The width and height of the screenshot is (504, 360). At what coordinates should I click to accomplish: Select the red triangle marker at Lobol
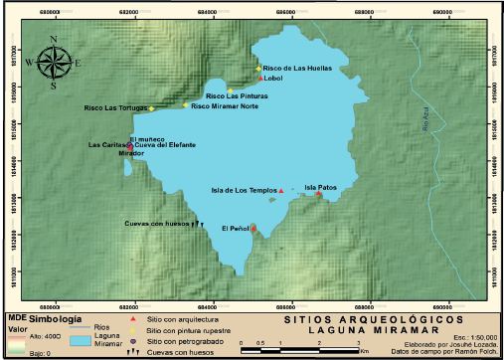260,78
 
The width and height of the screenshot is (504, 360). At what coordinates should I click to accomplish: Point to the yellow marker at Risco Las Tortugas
152,107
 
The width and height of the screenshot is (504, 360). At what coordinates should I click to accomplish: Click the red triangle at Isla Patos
318,193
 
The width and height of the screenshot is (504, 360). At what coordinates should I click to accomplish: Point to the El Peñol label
235,229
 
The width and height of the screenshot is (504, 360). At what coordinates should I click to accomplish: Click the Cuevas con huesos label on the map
157,223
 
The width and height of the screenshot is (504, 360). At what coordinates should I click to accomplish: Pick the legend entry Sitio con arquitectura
183,319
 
